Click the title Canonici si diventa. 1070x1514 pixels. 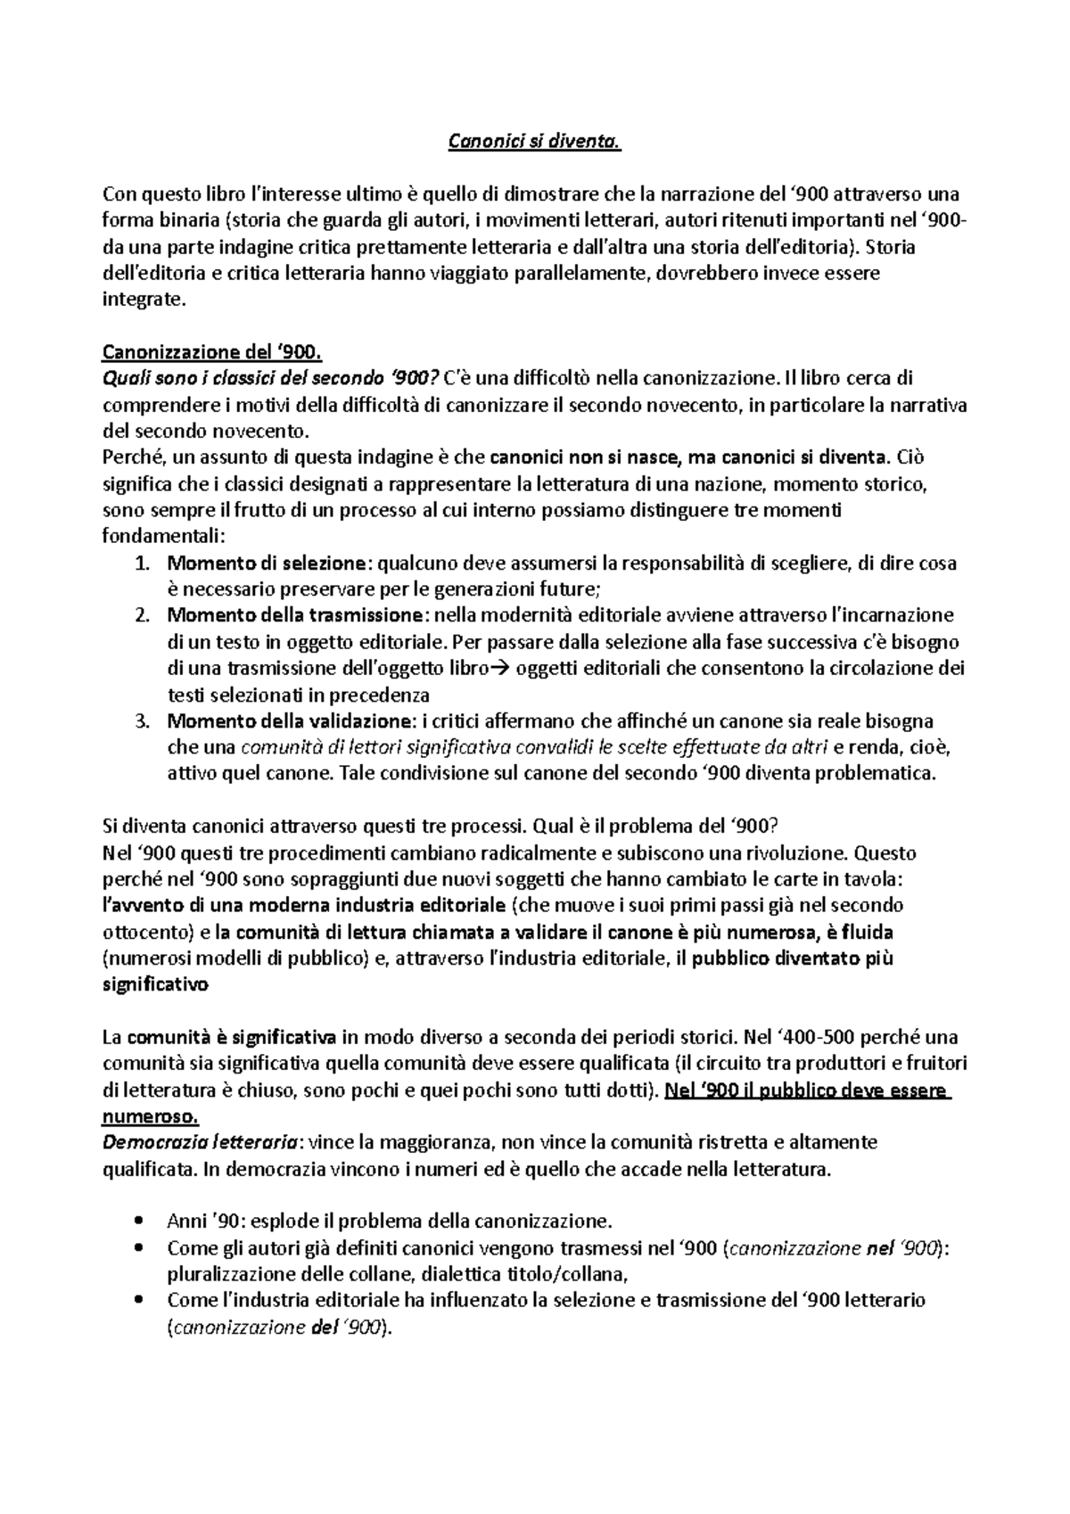(533, 142)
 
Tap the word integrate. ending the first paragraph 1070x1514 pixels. (144, 300)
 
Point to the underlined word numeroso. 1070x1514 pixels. (152, 1116)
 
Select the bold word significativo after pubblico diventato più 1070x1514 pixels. (156, 985)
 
